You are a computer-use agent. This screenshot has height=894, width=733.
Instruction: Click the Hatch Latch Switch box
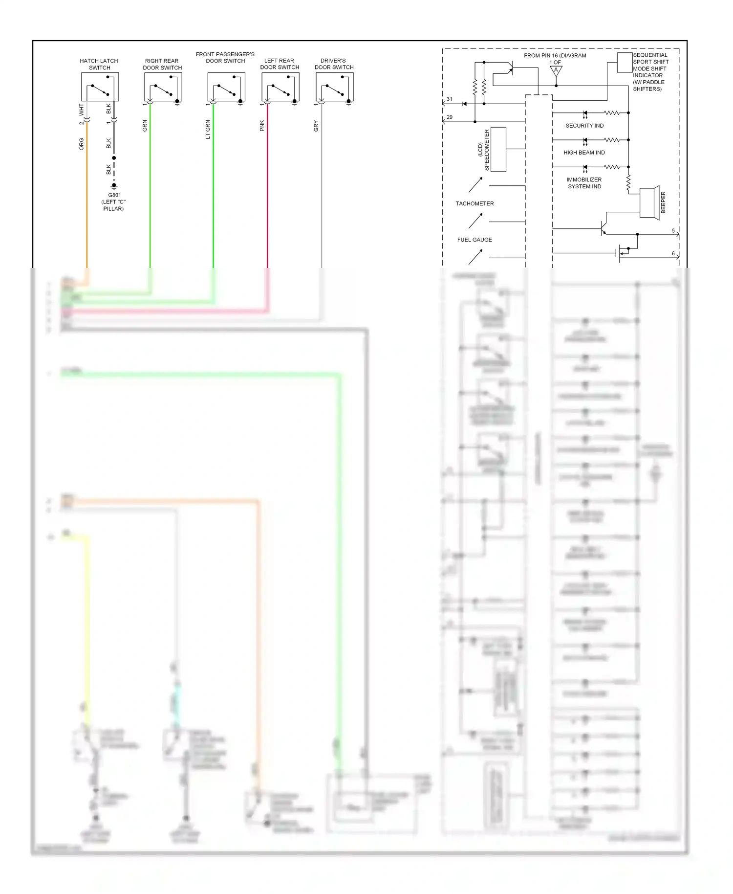100,87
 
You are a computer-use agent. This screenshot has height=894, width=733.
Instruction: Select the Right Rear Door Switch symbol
163,87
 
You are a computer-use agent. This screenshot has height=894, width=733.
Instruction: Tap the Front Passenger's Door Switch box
226,87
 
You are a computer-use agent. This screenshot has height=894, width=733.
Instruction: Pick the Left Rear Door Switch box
280,87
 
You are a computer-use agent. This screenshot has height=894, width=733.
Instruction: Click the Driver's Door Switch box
334,87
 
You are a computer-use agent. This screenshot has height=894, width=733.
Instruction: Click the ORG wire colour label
82,144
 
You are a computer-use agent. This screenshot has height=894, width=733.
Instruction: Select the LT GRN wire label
208,130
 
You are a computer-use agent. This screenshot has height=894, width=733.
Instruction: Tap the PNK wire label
262,126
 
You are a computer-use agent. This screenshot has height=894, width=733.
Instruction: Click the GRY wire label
316,126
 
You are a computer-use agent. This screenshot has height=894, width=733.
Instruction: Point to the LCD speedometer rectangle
498,149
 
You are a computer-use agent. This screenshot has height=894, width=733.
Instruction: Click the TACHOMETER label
474,203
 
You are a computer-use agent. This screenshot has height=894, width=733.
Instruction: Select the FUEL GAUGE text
474,240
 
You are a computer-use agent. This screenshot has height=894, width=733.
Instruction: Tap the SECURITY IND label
584,126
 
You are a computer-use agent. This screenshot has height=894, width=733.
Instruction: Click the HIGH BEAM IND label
584,153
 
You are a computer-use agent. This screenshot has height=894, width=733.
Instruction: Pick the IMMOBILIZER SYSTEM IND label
584,183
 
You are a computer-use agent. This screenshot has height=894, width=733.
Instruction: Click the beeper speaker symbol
650,202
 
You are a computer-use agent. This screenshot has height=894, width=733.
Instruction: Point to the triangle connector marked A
556,70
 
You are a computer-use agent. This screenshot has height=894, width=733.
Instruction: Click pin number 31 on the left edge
450,99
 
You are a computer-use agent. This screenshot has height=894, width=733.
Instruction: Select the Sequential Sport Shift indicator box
625,63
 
